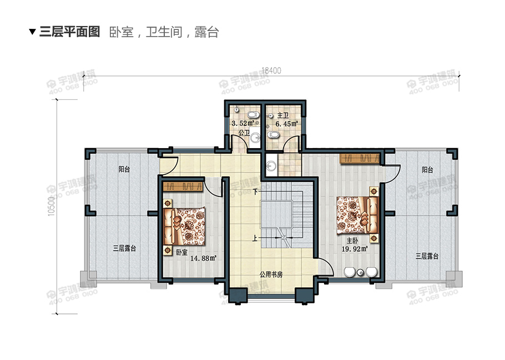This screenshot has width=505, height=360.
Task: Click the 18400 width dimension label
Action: point(271,70)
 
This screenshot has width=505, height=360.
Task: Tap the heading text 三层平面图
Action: point(69,32)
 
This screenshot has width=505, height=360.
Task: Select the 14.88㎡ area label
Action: point(203,258)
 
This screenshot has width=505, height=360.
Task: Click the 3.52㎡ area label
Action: point(243,123)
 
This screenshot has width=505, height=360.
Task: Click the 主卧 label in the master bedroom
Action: point(352,241)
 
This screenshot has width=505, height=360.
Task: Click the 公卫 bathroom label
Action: point(243,134)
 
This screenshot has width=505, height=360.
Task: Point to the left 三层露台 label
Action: point(124,249)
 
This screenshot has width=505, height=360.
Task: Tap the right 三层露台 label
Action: point(427,256)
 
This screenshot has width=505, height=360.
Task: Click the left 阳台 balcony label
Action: point(124,169)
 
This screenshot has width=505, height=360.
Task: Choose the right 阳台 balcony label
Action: point(427,169)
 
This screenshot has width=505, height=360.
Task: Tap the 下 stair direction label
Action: point(255,192)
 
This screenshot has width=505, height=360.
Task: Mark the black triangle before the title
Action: point(32,32)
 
